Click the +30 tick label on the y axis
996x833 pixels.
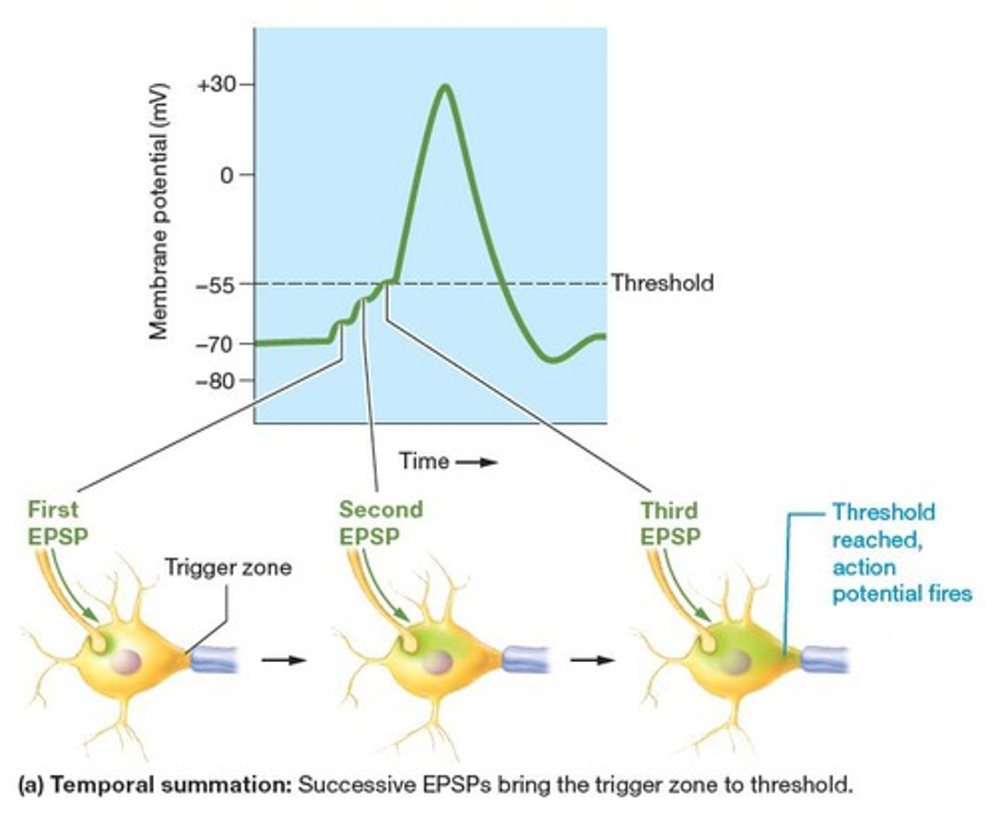[x=216, y=85]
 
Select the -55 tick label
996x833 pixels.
[x=217, y=284]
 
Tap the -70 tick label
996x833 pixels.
[x=215, y=344]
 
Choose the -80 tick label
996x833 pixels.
[x=215, y=381]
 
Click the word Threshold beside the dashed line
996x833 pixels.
[x=662, y=283]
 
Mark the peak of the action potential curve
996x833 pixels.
[x=446, y=87]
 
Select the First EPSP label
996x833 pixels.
[x=58, y=523]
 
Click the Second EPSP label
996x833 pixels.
[x=380, y=523]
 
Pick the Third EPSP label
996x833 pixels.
[x=670, y=523]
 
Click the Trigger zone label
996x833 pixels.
[x=228, y=568]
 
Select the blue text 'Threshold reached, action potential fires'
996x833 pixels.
[x=901, y=553]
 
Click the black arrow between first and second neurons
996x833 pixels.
[x=283, y=659]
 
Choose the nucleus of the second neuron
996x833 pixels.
[x=437, y=662]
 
